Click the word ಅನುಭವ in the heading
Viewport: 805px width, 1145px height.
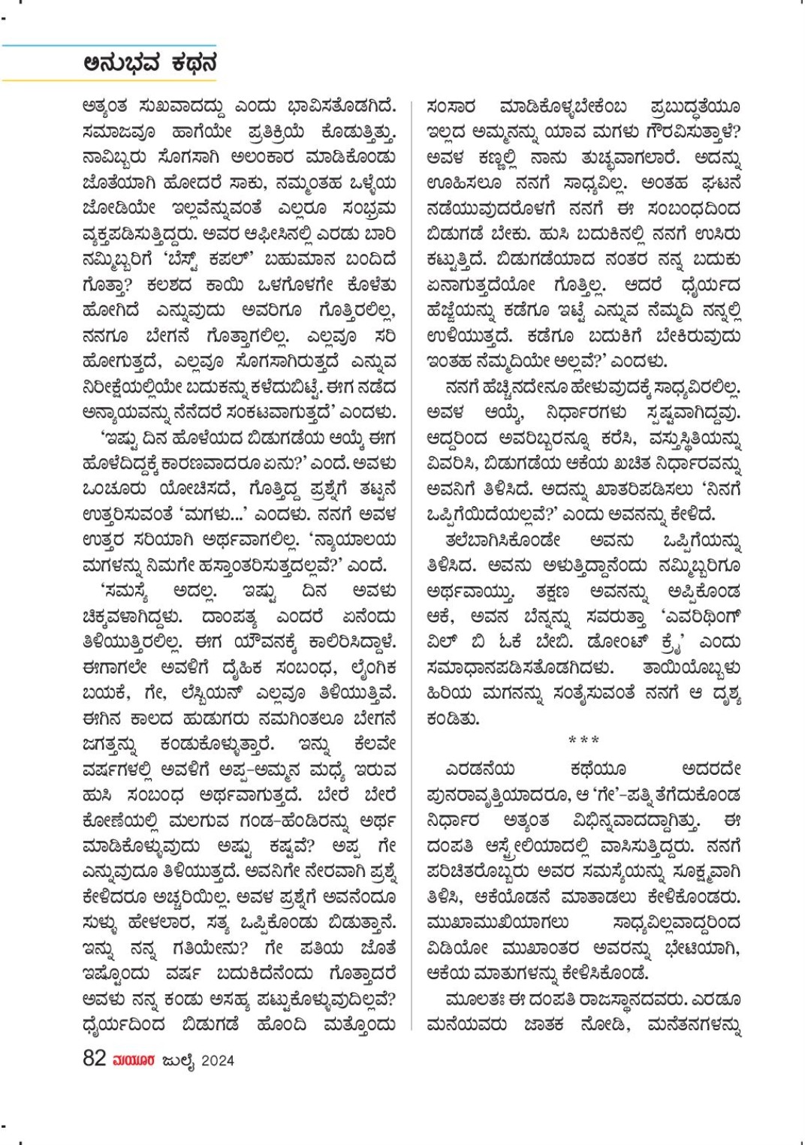pyautogui.click(x=122, y=63)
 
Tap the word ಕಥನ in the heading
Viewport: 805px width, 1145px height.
pyautogui.click(x=192, y=63)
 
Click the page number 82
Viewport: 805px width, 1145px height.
pyautogui.click(x=94, y=1058)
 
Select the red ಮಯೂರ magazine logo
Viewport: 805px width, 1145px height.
pyautogui.click(x=134, y=1060)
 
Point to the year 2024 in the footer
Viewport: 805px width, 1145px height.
pyautogui.click(x=218, y=1060)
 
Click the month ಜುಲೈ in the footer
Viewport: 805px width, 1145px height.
pyautogui.click(x=178, y=1060)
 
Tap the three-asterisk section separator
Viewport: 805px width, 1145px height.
pyautogui.click(x=583, y=740)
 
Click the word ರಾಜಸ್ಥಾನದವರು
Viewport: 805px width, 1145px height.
pyautogui.click(x=641, y=999)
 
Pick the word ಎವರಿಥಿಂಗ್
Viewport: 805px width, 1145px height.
pyautogui.click(x=703, y=617)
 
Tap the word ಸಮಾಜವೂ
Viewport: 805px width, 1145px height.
pyautogui.click(x=119, y=132)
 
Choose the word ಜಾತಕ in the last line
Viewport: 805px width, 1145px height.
pyautogui.click(x=544, y=1025)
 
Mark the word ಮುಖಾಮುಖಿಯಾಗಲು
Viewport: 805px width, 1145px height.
pyautogui.click(x=497, y=923)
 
